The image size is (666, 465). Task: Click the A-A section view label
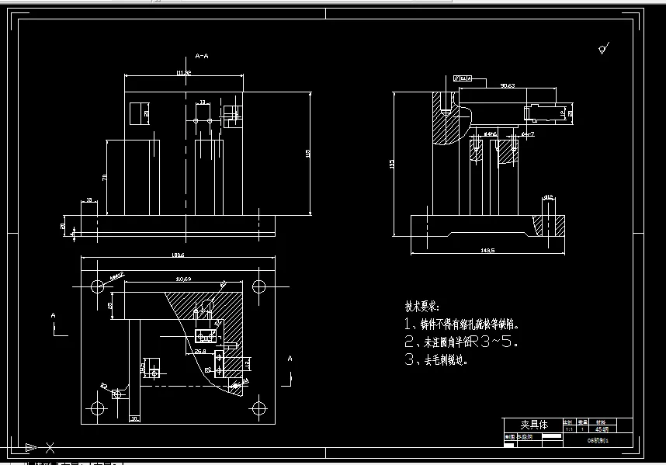click(202, 56)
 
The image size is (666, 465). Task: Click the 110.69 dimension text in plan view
click(183, 278)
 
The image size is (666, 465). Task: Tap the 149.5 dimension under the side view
click(487, 250)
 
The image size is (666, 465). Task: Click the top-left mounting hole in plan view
click(97, 286)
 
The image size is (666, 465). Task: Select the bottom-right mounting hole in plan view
click(258, 408)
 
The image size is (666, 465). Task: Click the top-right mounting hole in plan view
click(258, 286)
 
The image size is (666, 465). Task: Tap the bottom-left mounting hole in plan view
click(97, 408)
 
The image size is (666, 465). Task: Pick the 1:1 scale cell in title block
click(567, 428)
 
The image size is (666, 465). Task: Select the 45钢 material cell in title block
click(602, 428)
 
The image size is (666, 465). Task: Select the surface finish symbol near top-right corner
click(602, 49)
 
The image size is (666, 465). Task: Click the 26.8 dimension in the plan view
click(200, 351)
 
